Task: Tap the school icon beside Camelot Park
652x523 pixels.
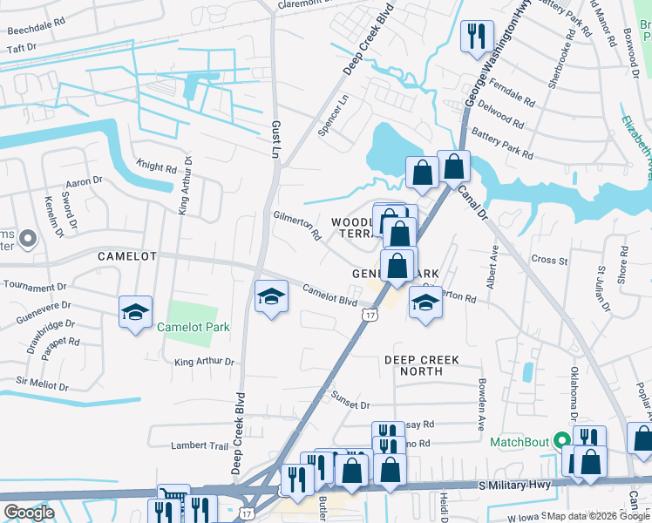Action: [135, 311]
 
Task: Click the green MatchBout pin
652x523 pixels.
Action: [562, 441]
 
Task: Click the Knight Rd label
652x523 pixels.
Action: [157, 166]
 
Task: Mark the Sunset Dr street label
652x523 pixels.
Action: [350, 400]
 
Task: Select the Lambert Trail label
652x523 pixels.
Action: [199, 445]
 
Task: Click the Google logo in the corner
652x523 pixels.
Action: [29, 512]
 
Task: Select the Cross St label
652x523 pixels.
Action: [549, 260]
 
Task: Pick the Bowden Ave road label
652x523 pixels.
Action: [480, 397]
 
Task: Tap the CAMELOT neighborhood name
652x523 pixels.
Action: [126, 256]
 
